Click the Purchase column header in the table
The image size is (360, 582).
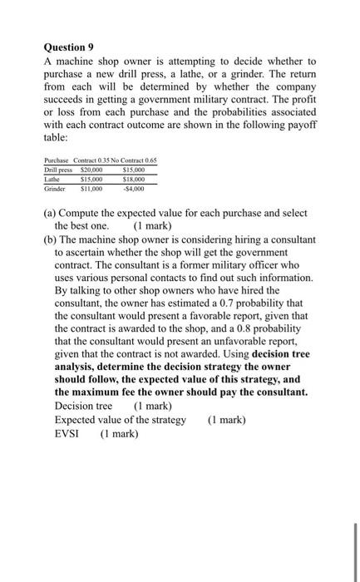pyautogui.click(x=57, y=160)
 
